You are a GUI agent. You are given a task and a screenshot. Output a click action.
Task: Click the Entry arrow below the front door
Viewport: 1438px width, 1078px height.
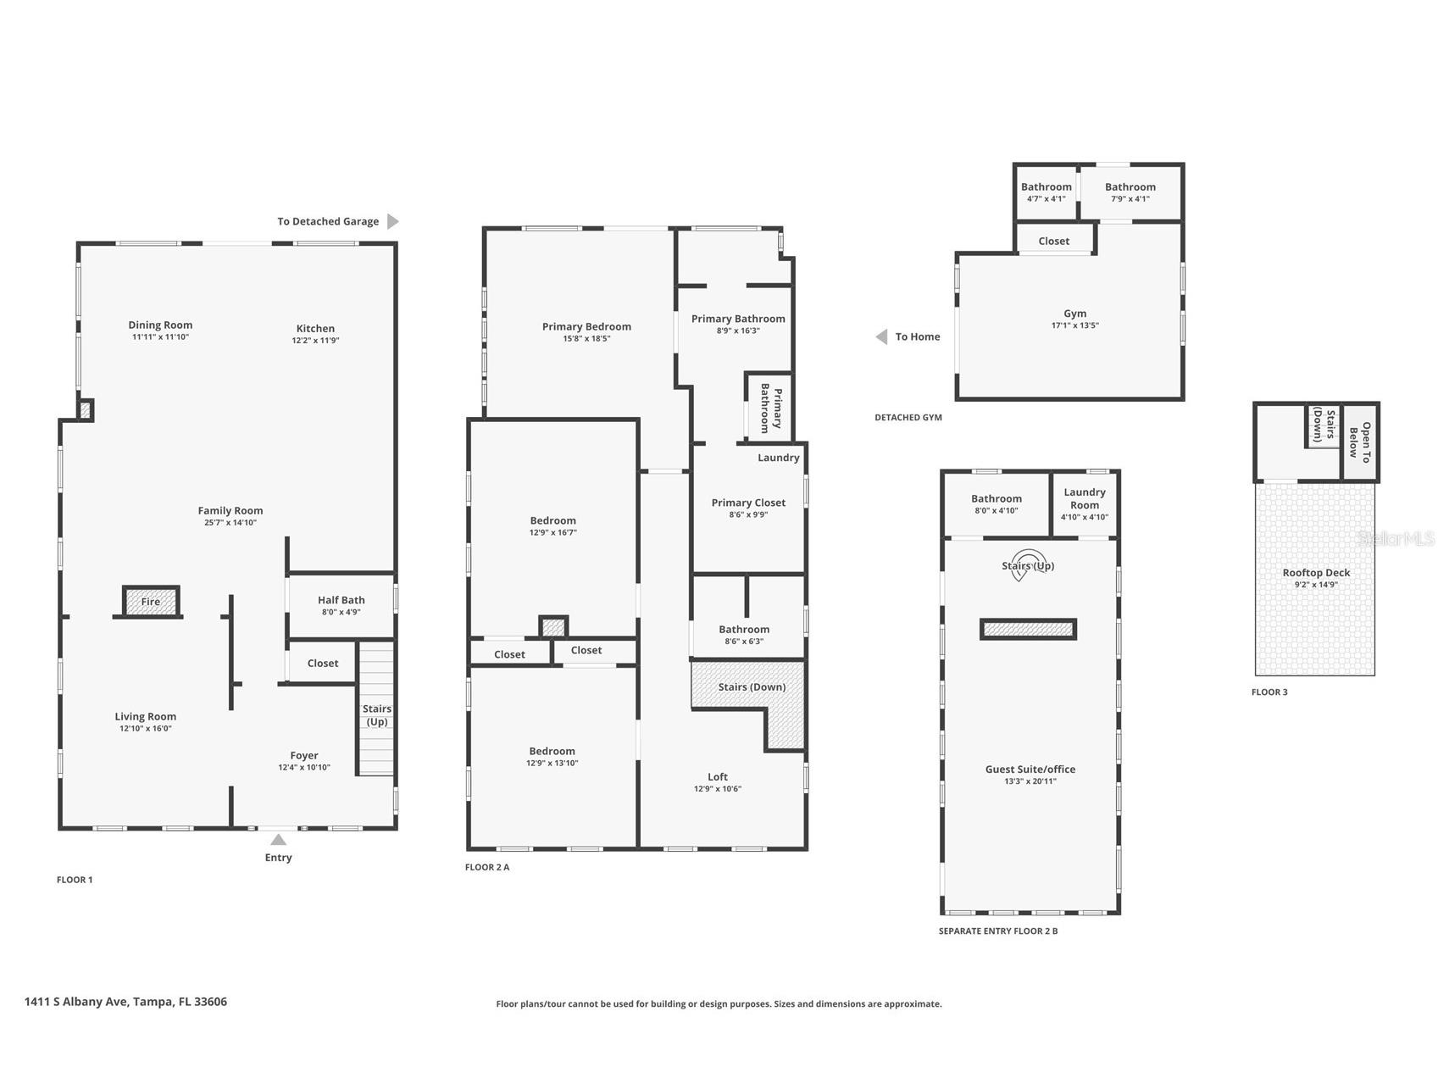[x=278, y=840]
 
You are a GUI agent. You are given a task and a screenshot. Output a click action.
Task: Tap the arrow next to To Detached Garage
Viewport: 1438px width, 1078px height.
[x=392, y=221]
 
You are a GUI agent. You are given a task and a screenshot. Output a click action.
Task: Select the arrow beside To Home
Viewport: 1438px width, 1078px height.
[x=881, y=336]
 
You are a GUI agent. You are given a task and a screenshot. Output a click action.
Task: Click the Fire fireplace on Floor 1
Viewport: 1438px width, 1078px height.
[x=151, y=602]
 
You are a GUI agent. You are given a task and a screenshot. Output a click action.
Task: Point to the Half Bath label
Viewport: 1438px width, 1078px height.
[x=341, y=600]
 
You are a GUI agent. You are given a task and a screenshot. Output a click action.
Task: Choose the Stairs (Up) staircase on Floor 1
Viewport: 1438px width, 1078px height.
[x=376, y=708]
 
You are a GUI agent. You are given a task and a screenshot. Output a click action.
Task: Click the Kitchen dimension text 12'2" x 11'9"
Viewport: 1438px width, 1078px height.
[x=315, y=341]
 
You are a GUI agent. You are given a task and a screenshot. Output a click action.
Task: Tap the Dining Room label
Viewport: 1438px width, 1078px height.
[x=160, y=325]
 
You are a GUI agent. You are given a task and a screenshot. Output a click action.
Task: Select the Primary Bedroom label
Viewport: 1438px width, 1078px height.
[x=586, y=326]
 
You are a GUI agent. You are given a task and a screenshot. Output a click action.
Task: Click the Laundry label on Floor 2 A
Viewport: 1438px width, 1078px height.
[x=778, y=458]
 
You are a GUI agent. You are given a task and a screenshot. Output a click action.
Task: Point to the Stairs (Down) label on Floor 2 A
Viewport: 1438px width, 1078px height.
[x=752, y=686]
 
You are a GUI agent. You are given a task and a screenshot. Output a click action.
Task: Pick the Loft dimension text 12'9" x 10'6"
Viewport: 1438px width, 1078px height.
[x=718, y=789]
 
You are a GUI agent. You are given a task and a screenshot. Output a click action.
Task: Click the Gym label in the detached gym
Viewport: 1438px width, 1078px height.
[x=1074, y=314]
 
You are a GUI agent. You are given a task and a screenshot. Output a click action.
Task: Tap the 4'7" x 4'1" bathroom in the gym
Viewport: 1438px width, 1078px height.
[x=1047, y=192]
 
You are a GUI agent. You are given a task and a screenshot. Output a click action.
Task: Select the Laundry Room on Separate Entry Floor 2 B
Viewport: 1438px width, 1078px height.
[x=1085, y=503]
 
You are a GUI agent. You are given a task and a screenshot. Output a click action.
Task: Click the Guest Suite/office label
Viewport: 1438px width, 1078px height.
[x=1030, y=770]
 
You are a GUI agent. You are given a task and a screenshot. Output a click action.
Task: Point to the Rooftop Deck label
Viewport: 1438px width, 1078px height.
[x=1316, y=573]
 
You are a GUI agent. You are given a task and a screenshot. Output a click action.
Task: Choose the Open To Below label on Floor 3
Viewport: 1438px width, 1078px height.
[x=1360, y=442]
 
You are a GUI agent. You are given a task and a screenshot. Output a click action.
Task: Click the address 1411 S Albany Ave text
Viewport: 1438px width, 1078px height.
[x=76, y=1002]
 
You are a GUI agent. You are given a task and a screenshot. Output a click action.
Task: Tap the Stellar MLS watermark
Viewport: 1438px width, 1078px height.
[x=1396, y=538]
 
